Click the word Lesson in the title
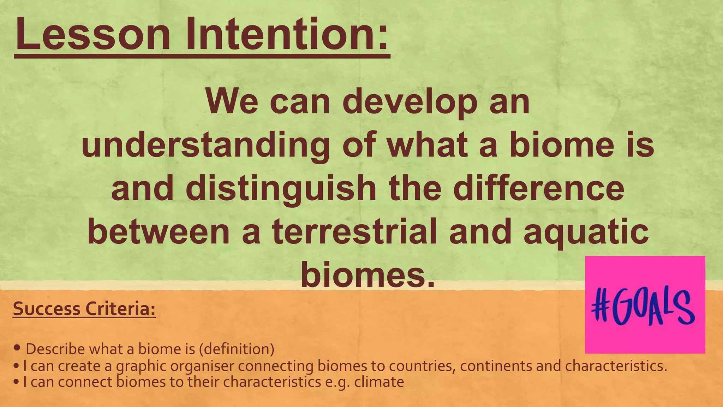tap(93, 35)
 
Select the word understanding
tap(205, 146)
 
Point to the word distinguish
tap(281, 189)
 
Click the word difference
tap(539, 189)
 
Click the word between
tap(159, 232)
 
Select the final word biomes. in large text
tap(367, 276)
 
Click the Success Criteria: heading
tap(84, 309)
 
